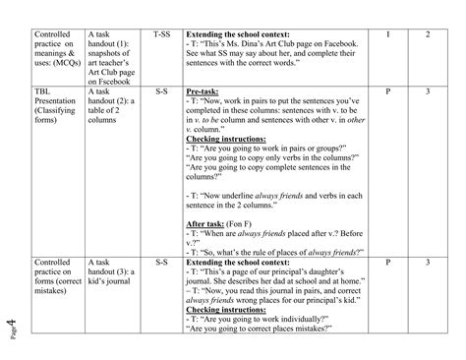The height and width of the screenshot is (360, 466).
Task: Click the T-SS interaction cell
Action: (x=161, y=35)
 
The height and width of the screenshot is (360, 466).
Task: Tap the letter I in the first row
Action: (x=387, y=35)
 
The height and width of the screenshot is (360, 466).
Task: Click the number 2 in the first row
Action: (x=428, y=35)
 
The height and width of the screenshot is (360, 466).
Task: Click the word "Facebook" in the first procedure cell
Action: (x=334, y=46)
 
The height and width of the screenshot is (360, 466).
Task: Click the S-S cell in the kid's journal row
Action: (x=161, y=264)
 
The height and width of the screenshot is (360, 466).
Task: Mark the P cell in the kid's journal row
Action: (x=387, y=264)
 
